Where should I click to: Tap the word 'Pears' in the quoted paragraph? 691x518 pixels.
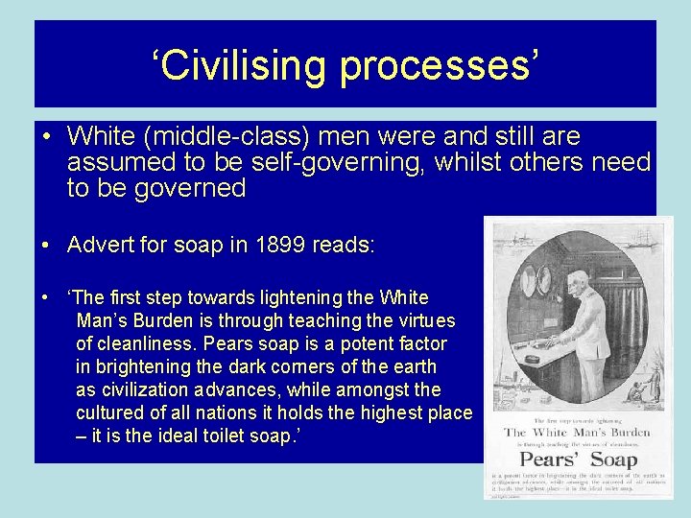coord(250,343)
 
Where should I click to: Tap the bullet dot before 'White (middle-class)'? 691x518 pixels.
coord(46,137)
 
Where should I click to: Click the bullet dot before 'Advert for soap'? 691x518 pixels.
coord(46,246)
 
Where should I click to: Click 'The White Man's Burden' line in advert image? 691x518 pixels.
coord(577,433)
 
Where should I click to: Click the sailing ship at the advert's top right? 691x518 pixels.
coord(645,240)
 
